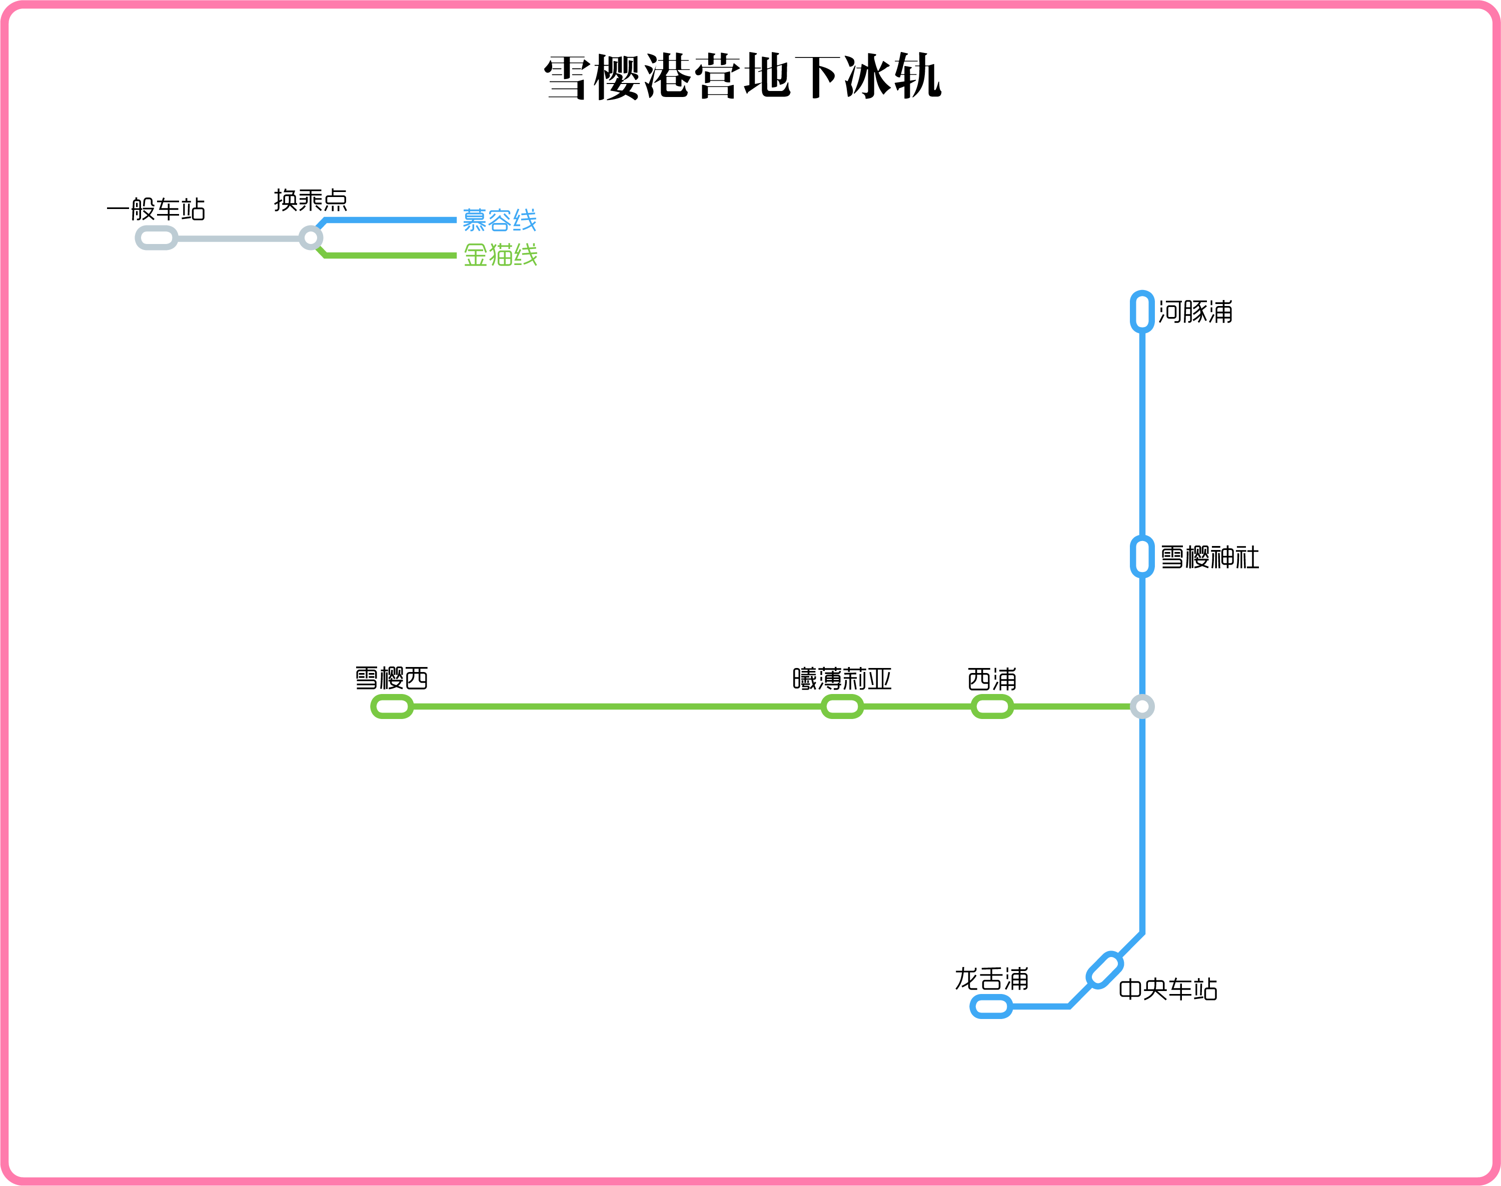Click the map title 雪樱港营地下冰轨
[x=743, y=76]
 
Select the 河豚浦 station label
[x=1195, y=312]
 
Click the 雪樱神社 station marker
[x=1142, y=556]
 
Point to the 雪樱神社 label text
[x=1209, y=557]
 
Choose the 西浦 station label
[x=992, y=678]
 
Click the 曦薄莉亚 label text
[x=842, y=678]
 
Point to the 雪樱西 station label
[x=392, y=678]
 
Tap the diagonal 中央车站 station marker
[x=1104, y=969]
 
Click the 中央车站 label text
[x=1167, y=989]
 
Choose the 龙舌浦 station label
[x=991, y=979]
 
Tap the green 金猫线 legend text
[x=500, y=255]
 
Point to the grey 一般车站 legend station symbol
[x=156, y=238]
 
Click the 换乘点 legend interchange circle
[x=311, y=238]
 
